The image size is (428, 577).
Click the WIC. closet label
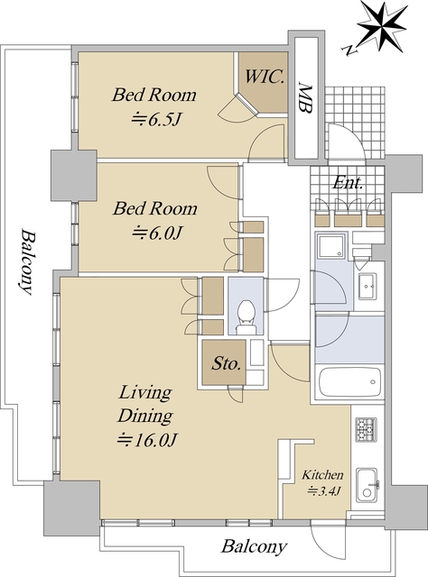265,77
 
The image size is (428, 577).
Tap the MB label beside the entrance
305,98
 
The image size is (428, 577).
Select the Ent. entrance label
348,182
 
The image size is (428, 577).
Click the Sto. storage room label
226,363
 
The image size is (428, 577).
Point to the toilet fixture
246,316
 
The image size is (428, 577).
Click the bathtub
349,382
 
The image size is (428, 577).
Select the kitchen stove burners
366,429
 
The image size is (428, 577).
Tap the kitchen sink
367,485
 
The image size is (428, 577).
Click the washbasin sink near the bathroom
367,287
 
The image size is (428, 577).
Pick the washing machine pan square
332,246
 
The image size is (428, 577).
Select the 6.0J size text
157,233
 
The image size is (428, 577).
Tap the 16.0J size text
147,439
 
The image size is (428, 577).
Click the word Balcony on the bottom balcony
254,547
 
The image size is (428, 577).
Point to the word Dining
144,417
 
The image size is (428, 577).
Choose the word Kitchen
322,475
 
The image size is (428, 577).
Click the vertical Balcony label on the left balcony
26,262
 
